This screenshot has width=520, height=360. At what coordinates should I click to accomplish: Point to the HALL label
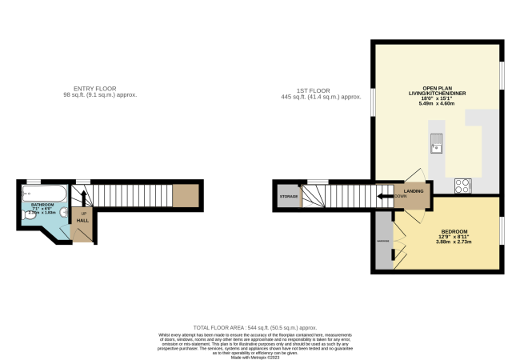pyautogui.click(x=82, y=220)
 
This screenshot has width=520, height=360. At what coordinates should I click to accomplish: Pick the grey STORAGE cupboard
pyautogui.click(x=288, y=196)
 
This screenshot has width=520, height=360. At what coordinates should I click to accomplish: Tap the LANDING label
pyautogui.click(x=414, y=191)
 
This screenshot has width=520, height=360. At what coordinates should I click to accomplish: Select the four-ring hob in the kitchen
pyautogui.click(x=462, y=186)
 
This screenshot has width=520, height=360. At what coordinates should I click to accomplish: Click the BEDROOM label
pyautogui.click(x=453, y=230)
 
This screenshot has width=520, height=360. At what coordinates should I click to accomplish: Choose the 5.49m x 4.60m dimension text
pyautogui.click(x=436, y=104)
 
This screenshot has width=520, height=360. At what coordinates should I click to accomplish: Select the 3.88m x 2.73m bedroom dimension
pyautogui.click(x=453, y=242)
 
